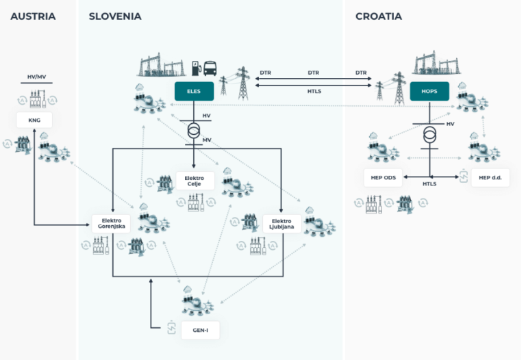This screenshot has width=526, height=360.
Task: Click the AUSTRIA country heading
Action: [33, 16]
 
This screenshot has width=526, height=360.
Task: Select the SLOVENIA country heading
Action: [115, 16]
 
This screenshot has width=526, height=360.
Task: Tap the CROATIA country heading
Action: [379, 16]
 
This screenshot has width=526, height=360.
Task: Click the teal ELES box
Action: [194, 91]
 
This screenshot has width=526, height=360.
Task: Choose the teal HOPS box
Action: [429, 91]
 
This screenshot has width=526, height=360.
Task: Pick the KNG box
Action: [34, 120]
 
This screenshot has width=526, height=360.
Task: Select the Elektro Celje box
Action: [195, 181]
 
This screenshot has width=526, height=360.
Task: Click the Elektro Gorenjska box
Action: [111, 224]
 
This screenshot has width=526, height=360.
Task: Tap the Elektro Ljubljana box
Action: [281, 224]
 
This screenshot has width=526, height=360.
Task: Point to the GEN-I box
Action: [200, 330]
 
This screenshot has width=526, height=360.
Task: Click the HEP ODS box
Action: [383, 178]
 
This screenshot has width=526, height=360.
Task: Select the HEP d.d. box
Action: [490, 178]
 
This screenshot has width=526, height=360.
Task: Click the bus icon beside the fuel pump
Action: [210, 68]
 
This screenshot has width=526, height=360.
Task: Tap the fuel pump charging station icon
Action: [197, 68]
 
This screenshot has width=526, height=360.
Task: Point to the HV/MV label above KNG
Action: [36, 77]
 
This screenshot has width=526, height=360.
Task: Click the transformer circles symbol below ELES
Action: [194, 131]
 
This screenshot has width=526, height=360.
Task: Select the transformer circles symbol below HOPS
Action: [429, 135]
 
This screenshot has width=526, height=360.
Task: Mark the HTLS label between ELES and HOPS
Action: [314, 91]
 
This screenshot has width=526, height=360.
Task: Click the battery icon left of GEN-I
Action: [171, 327]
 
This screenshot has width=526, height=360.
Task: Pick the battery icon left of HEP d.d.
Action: [464, 176]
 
